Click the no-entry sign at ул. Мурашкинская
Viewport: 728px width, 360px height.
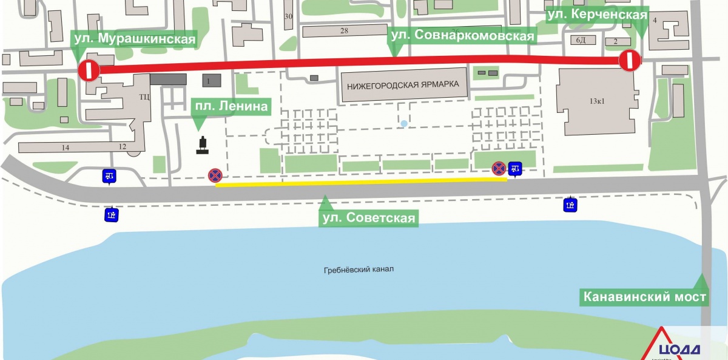[x=88, y=70]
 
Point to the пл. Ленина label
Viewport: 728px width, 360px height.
[x=230, y=107]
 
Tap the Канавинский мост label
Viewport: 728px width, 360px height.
[x=644, y=297]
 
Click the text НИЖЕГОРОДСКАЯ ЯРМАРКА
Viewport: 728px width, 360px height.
[x=404, y=85]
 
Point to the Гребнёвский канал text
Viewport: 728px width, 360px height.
[x=358, y=270]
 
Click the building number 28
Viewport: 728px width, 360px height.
[x=344, y=31]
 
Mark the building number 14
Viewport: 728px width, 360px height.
[x=66, y=148]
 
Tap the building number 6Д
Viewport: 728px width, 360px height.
[x=581, y=40]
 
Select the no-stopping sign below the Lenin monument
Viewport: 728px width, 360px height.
[x=215, y=175]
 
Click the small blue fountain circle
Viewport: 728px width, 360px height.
[x=405, y=124]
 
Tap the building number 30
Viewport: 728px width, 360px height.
[x=288, y=16]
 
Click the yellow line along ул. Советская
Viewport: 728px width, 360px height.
[x=361, y=183]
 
